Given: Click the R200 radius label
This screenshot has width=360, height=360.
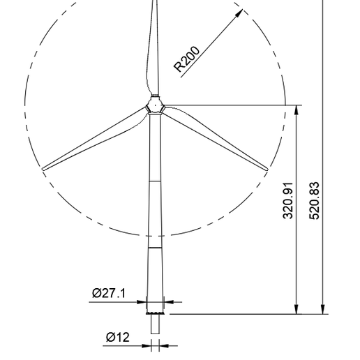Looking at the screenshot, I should pyautogui.click(x=186, y=59).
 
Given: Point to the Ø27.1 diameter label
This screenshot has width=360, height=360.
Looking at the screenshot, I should pyautogui.click(x=108, y=293).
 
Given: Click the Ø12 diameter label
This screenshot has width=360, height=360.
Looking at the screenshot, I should pyautogui.click(x=117, y=338).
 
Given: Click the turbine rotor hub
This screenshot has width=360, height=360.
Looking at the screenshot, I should pyautogui.click(x=155, y=106).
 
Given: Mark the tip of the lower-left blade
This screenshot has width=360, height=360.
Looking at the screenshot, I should pyautogui.click(x=44, y=168).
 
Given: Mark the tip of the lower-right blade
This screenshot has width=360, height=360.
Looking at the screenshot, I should pyautogui.click(x=267, y=169).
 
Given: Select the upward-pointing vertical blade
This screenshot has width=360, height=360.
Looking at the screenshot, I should pyautogui.click(x=154, y=42).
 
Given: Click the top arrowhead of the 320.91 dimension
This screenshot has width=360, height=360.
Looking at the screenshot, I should pyautogui.click(x=298, y=110).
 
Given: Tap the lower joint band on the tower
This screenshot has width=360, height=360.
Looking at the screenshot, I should pyautogui.click(x=155, y=247).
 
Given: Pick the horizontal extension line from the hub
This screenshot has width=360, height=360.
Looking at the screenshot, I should pyautogui.click(x=230, y=105).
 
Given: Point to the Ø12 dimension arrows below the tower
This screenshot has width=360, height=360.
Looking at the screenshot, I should pyautogui.click(x=155, y=345).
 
